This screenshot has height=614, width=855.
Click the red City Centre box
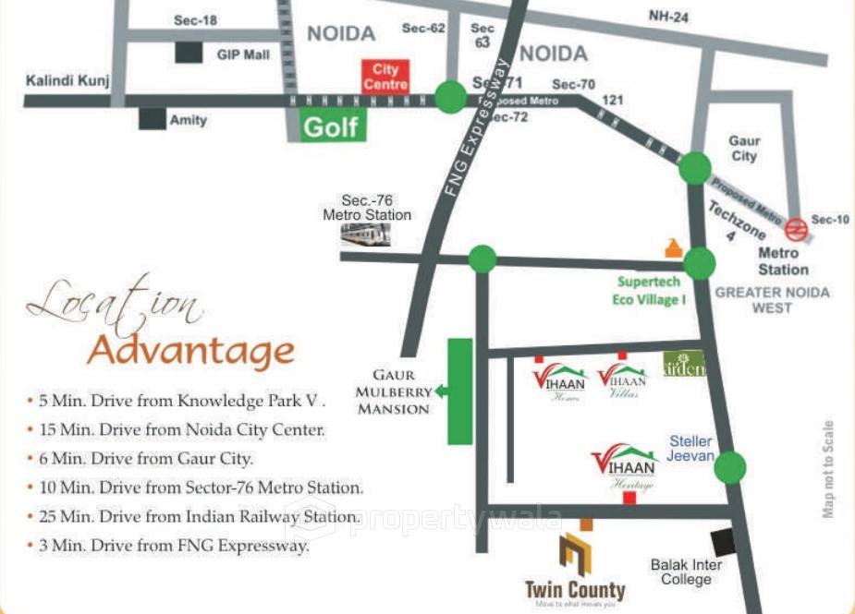pyautogui.click(x=385, y=77)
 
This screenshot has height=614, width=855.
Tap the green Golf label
pyautogui.click(x=332, y=126)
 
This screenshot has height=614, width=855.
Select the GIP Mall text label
pyautogui.click(x=243, y=55)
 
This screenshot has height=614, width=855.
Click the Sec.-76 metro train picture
pyautogui.click(x=365, y=235)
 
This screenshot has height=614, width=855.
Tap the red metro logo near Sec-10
pyautogui.click(x=794, y=227)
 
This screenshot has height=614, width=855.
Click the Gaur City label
pyautogui.click(x=744, y=149)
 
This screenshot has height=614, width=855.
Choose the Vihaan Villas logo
pyautogui.click(x=622, y=379)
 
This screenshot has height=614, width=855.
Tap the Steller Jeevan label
pyautogui.click(x=691, y=448)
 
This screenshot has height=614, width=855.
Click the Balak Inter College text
pyautogui.click(x=686, y=572)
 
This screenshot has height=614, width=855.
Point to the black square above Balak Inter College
pyautogui.click(x=722, y=542)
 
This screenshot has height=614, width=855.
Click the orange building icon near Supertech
pyautogui.click(x=674, y=247)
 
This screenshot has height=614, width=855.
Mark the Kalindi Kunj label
pyautogui.click(x=67, y=80)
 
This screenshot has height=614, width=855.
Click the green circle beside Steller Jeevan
pyautogui.click(x=730, y=466)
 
